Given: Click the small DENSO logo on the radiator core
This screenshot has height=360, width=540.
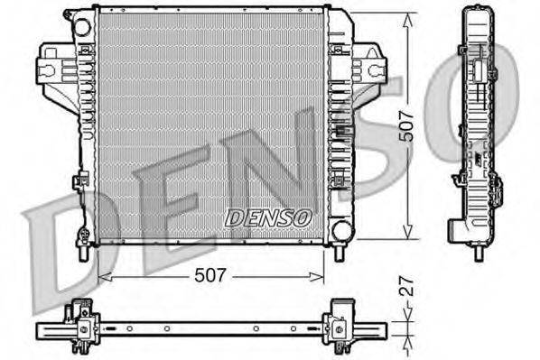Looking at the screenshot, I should point(267,217).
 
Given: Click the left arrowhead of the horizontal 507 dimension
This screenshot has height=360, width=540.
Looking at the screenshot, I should point(101,277).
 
